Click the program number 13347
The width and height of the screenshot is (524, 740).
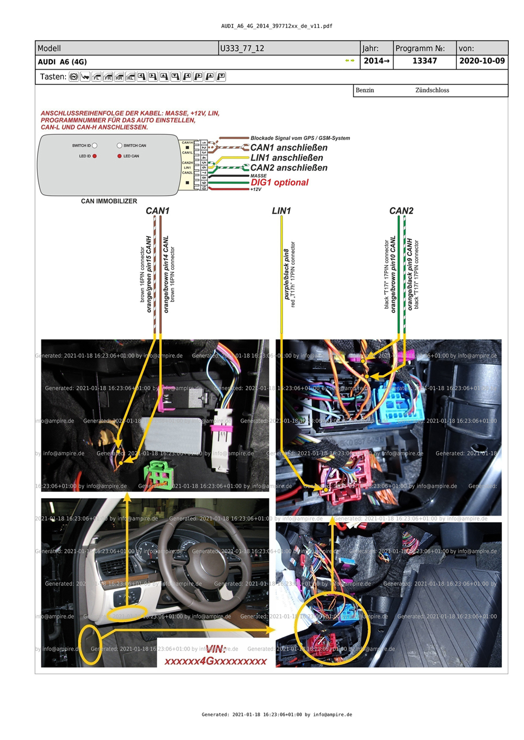pyautogui.click(x=424, y=61)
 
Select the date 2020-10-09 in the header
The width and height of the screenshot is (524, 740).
pyautogui.click(x=482, y=61)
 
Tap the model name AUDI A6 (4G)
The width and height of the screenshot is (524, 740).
pyautogui.click(x=62, y=62)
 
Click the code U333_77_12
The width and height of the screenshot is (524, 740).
pyautogui.click(x=242, y=48)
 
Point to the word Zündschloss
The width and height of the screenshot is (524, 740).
pyautogui.click(x=432, y=90)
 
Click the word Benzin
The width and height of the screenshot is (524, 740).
pyautogui.click(x=365, y=90)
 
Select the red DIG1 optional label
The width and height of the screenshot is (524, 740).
pyautogui.click(x=280, y=183)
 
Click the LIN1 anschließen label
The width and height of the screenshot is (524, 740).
pyautogui.click(x=287, y=158)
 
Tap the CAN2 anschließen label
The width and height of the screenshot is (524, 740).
pyautogui.click(x=289, y=167)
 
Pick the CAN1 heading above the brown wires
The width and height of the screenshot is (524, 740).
pyautogui.click(x=157, y=210)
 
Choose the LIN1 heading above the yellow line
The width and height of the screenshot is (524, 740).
pyautogui.click(x=281, y=210)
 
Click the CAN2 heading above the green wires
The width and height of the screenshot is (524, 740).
pyautogui.click(x=401, y=210)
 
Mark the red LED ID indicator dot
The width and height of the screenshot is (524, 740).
pyautogui.click(x=94, y=156)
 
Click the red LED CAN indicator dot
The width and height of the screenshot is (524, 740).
pyautogui.click(x=119, y=156)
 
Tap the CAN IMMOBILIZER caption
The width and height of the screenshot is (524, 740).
pyautogui.click(x=109, y=201)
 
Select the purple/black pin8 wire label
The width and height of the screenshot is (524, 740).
pyautogui.click(x=286, y=274)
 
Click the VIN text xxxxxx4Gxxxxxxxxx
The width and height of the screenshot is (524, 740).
pyautogui.click(x=215, y=661)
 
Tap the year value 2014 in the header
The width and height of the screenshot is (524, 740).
pyautogui.click(x=377, y=61)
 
